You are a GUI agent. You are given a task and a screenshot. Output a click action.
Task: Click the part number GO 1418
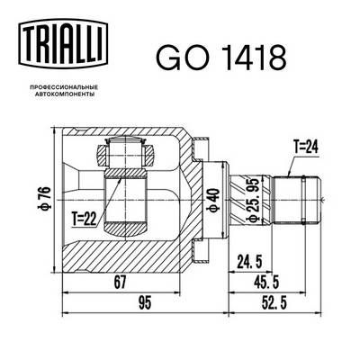coord(221,56)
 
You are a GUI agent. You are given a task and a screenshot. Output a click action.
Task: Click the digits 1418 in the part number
coord(247,56)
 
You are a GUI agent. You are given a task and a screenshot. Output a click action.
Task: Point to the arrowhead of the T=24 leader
coord(284,172)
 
